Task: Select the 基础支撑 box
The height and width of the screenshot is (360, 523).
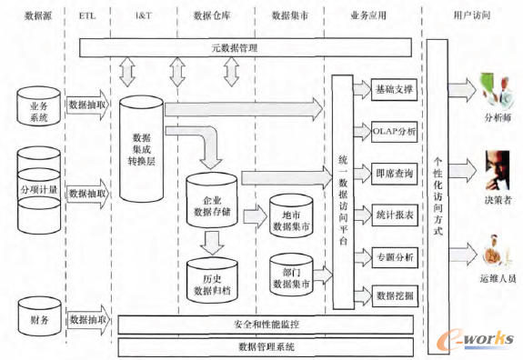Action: point(394,90)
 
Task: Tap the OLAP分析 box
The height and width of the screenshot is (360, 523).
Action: point(394,132)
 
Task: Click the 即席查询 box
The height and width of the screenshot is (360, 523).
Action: point(394,173)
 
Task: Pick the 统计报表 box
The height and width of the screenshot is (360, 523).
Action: point(394,215)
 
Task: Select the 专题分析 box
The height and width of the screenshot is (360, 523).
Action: point(394,256)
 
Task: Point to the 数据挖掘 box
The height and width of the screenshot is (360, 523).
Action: point(394,296)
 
